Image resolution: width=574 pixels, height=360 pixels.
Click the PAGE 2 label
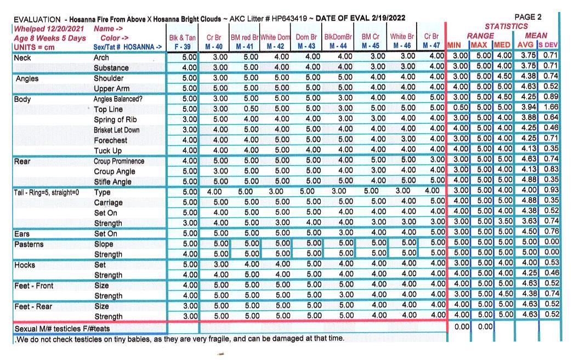tap(528, 17)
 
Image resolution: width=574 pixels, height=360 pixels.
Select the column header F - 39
tap(183, 47)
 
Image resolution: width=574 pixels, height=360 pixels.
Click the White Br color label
tap(402, 37)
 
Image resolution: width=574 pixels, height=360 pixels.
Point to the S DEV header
tap(548, 45)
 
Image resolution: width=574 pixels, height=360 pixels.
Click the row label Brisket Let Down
tap(116, 130)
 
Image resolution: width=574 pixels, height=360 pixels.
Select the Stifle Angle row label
tap(112, 182)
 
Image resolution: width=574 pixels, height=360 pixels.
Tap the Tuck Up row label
tap(107, 151)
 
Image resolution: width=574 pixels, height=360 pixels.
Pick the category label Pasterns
tap(30, 244)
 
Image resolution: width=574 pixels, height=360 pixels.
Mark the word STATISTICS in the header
tap(507, 26)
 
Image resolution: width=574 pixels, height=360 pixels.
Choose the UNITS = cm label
tap(35, 47)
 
